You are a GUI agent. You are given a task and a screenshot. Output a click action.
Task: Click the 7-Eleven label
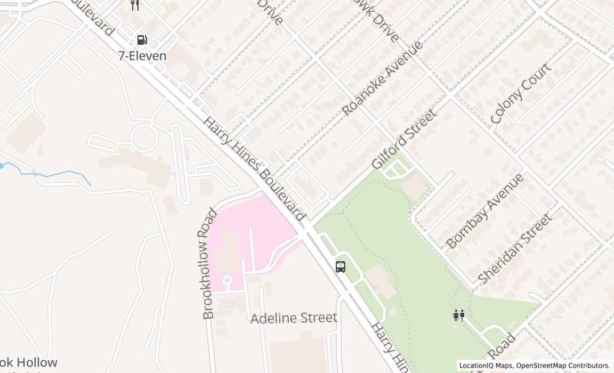click(x=142, y=56)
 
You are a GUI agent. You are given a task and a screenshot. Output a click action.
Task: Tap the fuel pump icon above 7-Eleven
click(x=142, y=40)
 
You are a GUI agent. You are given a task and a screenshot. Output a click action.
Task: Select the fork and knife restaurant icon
click(x=135, y=5)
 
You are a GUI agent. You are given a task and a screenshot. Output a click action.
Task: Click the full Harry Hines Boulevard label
click(x=254, y=169)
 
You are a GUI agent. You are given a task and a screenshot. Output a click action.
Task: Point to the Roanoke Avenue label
click(x=382, y=78)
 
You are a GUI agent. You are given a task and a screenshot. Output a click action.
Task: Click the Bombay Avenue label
click(x=484, y=211)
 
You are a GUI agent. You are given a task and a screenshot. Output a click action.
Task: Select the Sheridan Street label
click(x=514, y=249)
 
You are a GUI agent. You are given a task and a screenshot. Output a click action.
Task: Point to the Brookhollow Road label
click(x=209, y=264)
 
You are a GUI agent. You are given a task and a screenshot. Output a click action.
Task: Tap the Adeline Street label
click(x=294, y=318)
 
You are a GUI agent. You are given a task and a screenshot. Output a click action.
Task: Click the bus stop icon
click(x=341, y=267)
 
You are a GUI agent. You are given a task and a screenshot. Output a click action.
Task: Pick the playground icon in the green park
click(x=458, y=315)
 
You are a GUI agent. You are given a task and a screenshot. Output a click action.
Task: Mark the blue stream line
click(x=53, y=174)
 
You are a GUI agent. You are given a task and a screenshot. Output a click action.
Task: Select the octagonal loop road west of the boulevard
click(x=144, y=137)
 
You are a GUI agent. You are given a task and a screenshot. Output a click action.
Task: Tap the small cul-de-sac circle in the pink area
click(x=227, y=279)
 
